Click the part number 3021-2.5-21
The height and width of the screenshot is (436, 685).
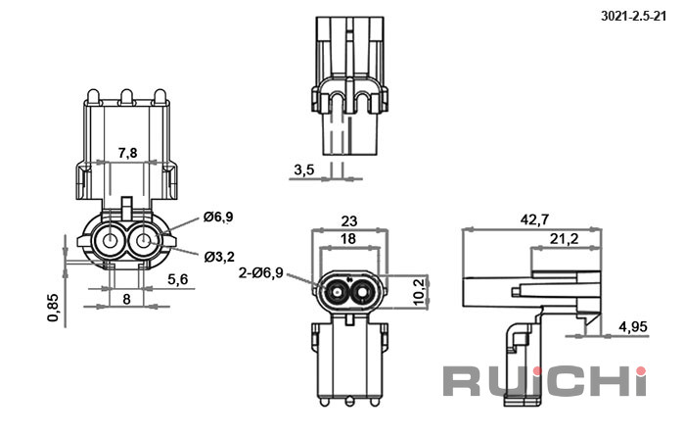(x=634, y=17)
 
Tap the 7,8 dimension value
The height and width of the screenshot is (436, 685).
(x=127, y=153)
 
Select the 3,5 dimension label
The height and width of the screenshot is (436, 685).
(x=304, y=170)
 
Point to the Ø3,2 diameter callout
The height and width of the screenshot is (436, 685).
(x=219, y=257)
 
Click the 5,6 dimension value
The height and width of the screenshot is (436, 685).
(x=178, y=278)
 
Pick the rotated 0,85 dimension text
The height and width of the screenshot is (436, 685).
(x=53, y=308)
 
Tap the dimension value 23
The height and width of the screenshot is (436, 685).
(x=349, y=221)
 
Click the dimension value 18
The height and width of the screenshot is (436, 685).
(x=348, y=239)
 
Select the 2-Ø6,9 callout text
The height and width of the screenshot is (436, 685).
(x=261, y=273)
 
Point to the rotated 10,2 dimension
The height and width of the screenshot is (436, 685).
(x=419, y=292)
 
